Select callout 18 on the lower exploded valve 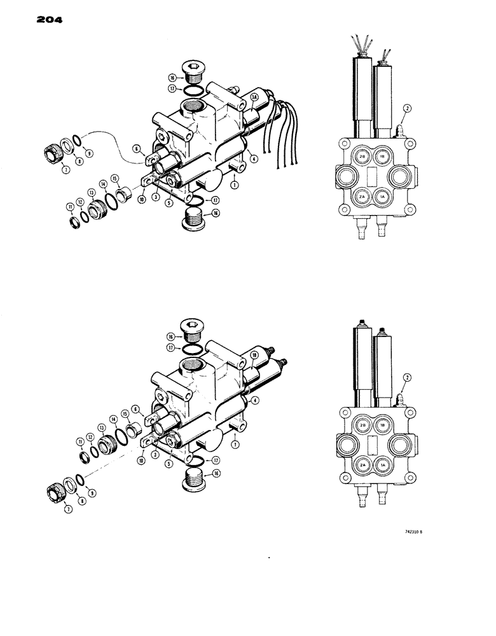254,357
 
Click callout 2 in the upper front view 408,108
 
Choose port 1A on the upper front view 383,197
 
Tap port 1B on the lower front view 383,425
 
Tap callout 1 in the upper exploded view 235,185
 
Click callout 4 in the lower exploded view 254,400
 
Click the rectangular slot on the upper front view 372,176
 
